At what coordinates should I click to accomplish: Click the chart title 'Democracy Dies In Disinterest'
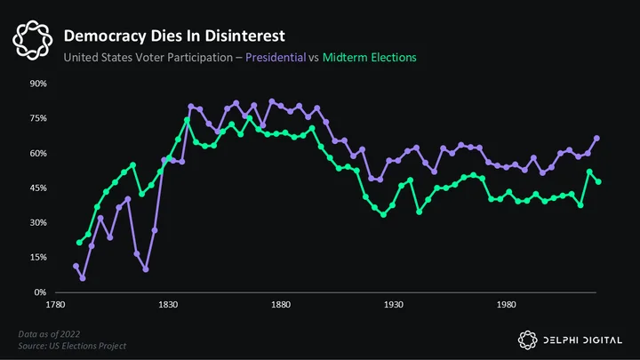174,36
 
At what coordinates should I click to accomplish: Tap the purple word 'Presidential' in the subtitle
276,58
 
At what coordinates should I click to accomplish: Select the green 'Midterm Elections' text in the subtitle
370,58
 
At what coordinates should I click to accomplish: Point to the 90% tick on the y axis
38,84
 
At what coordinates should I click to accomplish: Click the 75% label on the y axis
38,118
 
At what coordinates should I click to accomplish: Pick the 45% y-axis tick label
38,188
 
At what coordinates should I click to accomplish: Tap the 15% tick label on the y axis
38,258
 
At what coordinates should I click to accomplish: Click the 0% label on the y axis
40,292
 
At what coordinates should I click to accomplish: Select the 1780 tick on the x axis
55,305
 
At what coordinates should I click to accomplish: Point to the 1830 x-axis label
168,305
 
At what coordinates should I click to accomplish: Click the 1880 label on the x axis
281,305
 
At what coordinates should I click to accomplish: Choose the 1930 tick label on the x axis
394,305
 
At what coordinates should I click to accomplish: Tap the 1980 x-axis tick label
506,305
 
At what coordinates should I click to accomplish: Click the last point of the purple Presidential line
596,139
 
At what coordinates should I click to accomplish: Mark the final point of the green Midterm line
598,182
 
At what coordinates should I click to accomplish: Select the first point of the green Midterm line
79,243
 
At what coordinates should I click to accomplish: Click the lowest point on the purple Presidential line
83,278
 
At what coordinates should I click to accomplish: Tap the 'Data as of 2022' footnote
49,334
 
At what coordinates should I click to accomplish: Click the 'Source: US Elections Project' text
72,346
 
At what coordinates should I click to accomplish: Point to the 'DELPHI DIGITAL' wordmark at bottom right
583,340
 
